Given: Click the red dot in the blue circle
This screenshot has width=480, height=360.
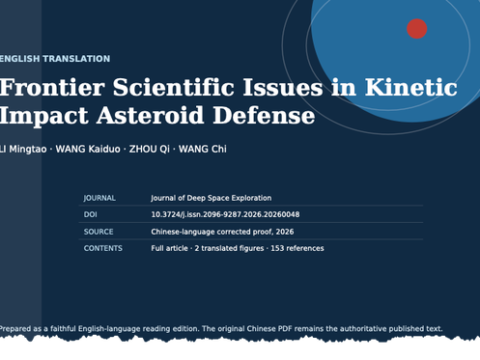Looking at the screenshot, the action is pyautogui.click(x=417, y=29).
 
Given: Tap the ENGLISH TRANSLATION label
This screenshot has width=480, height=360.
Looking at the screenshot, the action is pyautogui.click(x=55, y=59).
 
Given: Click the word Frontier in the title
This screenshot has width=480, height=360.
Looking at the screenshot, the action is pyautogui.click(x=52, y=87).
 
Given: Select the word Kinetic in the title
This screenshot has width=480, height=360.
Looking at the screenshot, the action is pyautogui.click(x=411, y=87).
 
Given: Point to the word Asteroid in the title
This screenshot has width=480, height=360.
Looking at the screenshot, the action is pyautogui.click(x=150, y=115).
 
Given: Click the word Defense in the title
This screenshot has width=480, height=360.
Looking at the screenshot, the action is pyautogui.click(x=264, y=115).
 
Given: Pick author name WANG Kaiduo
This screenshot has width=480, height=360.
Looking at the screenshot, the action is pyautogui.click(x=88, y=149).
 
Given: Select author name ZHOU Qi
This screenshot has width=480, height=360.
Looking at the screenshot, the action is pyautogui.click(x=149, y=149).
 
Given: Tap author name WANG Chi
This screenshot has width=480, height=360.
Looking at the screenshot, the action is pyautogui.click(x=202, y=149).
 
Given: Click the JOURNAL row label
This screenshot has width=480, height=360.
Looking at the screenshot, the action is pyautogui.click(x=99, y=198).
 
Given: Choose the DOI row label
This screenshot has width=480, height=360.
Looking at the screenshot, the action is pyautogui.click(x=90, y=214).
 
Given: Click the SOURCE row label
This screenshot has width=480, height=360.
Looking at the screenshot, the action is pyautogui.click(x=98, y=232).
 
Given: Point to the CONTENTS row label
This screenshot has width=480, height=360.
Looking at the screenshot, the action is pyautogui.click(x=103, y=248).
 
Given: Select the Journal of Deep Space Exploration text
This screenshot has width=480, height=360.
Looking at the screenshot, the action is pyautogui.click(x=211, y=198).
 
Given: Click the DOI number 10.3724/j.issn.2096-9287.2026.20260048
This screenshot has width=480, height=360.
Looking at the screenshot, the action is pyautogui.click(x=225, y=214).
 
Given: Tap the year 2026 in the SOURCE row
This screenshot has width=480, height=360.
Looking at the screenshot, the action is pyautogui.click(x=285, y=232).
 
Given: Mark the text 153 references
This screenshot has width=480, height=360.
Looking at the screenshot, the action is pyautogui.click(x=297, y=248).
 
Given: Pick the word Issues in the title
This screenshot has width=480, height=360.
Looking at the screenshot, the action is pyautogui.click(x=283, y=87).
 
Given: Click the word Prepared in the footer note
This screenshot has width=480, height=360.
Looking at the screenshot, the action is pyautogui.click(x=15, y=329).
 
